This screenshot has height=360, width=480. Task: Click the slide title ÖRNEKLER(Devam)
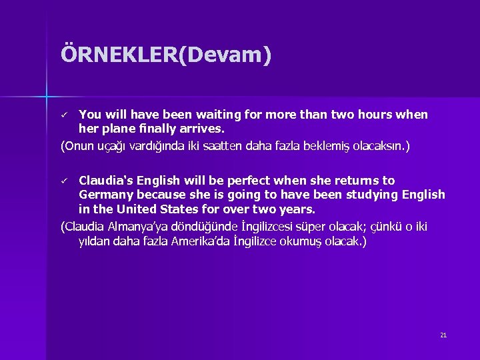pos(166,55)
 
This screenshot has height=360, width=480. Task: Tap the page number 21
pos(443,335)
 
